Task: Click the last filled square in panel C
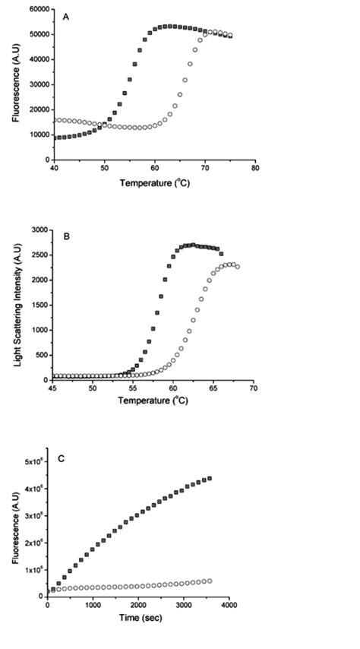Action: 210,479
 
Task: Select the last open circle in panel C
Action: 210,581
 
